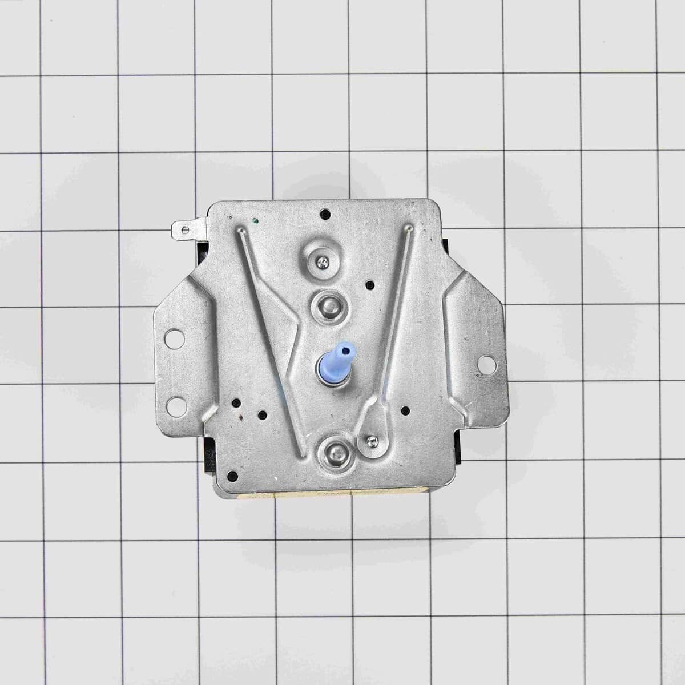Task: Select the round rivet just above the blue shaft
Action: pos(324,303)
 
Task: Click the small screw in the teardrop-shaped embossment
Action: pos(372,440)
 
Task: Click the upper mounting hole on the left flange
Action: pos(171,338)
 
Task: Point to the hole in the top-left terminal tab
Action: pos(183,229)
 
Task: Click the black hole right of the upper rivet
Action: pos(370,283)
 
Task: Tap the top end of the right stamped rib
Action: pos(409,229)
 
